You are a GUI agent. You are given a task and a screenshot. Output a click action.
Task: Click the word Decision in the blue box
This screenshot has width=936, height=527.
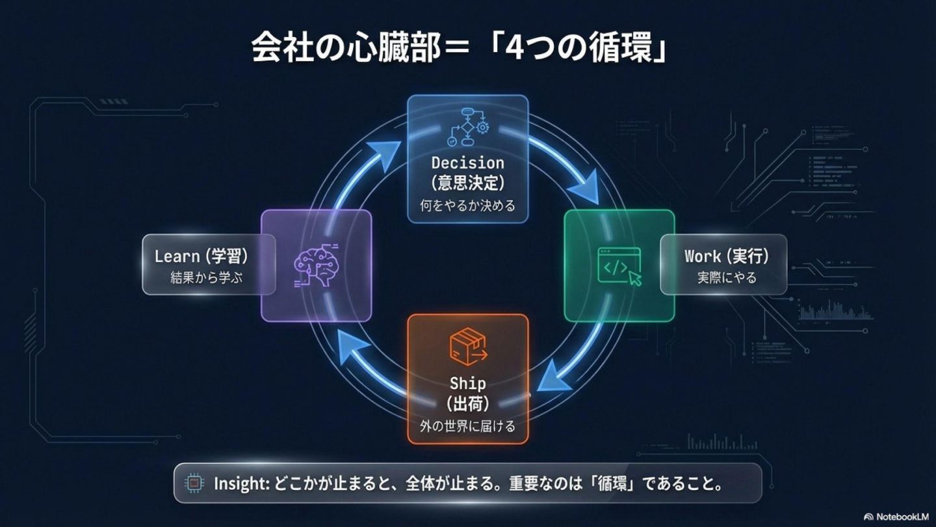pos(467,163)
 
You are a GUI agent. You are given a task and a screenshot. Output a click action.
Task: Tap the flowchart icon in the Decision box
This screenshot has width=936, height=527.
pos(467,127)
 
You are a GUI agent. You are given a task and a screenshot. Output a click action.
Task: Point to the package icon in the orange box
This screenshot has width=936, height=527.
pos(467,345)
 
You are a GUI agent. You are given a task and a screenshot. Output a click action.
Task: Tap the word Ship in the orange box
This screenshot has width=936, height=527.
pos(467,383)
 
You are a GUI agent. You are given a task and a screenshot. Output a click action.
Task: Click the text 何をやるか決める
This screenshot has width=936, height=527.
pos(467,206)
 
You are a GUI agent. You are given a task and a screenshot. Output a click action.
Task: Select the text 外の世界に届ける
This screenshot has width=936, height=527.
pos(467,427)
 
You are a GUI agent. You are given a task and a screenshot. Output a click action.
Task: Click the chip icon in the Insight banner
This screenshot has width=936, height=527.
pos(193,483)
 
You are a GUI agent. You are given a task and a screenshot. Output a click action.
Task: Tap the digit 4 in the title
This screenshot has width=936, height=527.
pos(514,50)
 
